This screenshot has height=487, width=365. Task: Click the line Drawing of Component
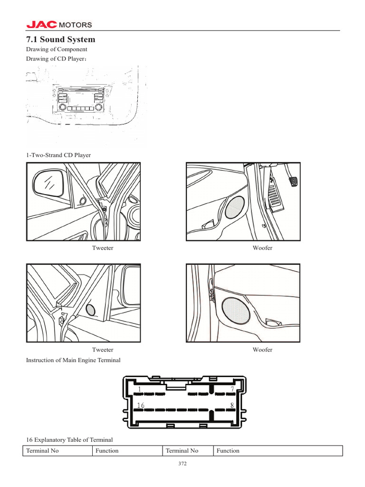click(x=56, y=49)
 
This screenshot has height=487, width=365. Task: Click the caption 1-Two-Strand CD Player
click(x=58, y=155)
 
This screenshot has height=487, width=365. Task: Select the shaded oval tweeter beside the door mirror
click(x=90, y=309)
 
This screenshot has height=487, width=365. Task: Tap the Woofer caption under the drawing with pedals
click(x=262, y=248)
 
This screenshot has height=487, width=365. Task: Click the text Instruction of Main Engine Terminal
click(x=73, y=360)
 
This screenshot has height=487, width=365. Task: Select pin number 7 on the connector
click(x=231, y=389)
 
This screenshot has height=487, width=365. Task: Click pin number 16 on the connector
click(x=140, y=405)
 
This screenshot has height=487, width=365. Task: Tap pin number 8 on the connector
click(x=231, y=405)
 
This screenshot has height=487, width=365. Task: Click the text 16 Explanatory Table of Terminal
click(x=69, y=439)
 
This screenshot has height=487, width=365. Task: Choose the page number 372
click(x=182, y=464)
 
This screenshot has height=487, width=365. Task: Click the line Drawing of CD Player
click(x=56, y=59)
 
